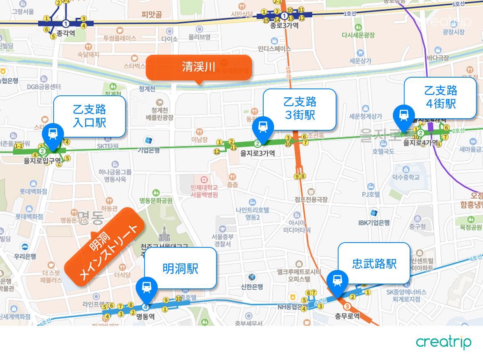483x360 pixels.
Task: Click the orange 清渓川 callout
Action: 198,67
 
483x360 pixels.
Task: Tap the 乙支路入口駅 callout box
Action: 89,115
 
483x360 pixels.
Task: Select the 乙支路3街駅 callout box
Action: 299,109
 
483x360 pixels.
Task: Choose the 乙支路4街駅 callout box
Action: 440,97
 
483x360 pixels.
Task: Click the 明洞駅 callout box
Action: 180,268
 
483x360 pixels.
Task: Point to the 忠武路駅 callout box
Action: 374,263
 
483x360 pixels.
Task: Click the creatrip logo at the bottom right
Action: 444,342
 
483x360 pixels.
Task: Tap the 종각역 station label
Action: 66,34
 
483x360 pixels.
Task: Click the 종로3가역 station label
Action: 285,25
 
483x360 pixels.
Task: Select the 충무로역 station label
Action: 347,316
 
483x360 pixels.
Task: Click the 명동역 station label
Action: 145,317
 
